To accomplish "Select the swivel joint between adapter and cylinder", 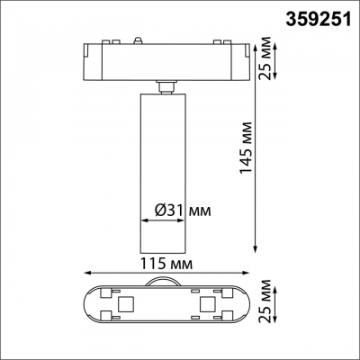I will pos(164,85).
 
